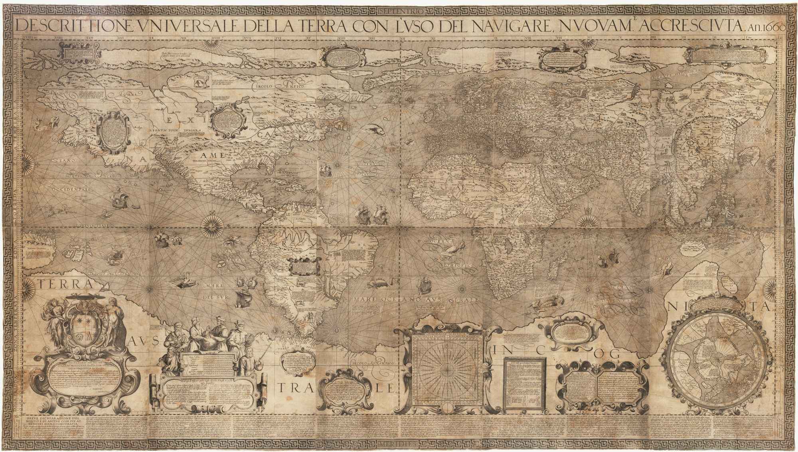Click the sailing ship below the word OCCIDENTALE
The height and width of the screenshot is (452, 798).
click(119, 201)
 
